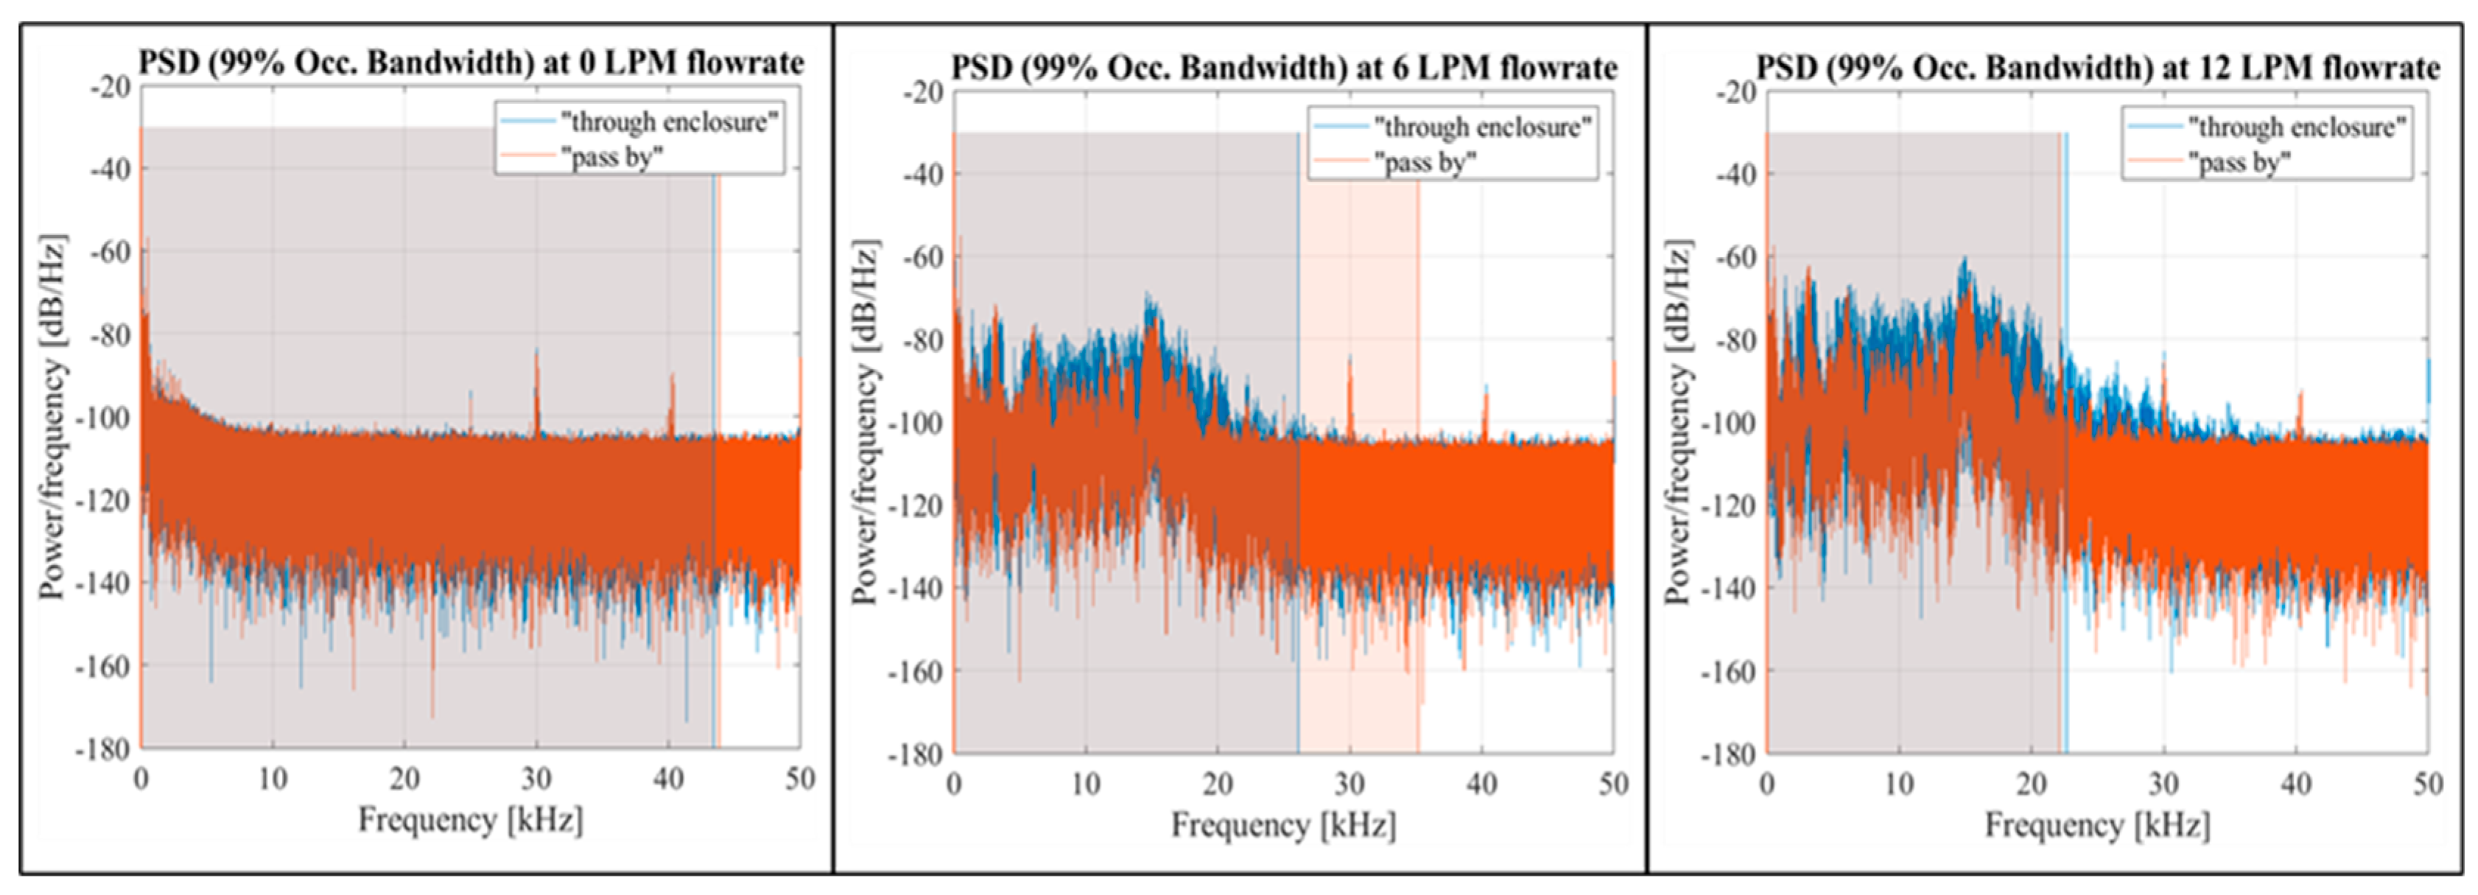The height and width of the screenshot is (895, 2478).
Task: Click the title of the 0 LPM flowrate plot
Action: click(471, 63)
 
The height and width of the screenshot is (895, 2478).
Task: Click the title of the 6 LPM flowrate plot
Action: click(1284, 69)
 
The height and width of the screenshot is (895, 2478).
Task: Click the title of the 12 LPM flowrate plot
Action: click(2098, 69)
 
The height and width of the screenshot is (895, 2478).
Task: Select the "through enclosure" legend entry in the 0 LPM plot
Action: click(669, 122)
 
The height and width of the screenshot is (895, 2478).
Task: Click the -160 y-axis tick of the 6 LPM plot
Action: click(921, 671)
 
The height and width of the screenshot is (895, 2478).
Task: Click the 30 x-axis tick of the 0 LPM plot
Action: click(536, 779)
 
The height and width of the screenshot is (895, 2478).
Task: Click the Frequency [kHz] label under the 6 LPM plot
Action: click(1283, 826)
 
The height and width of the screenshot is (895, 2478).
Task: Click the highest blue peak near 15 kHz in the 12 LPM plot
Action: click(1965, 261)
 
